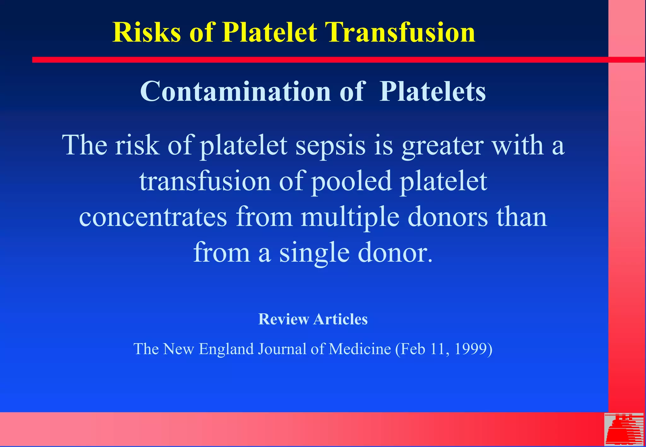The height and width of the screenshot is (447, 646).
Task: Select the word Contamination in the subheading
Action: click(235, 91)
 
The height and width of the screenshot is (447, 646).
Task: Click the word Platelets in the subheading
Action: click(432, 91)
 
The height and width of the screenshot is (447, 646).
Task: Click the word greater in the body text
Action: click(443, 146)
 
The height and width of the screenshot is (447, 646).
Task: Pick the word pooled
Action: click(352, 182)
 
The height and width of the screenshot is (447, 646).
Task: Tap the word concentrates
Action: click(153, 218)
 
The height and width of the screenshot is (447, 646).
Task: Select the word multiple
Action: click(350, 218)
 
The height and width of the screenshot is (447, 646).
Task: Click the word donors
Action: click(448, 218)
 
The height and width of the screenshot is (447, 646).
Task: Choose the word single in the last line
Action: click(314, 253)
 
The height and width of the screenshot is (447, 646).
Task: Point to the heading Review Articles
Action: click(313, 319)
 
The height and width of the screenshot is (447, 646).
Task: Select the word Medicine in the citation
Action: click(360, 349)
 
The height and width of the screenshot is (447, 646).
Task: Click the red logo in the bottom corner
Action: click(624, 429)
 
